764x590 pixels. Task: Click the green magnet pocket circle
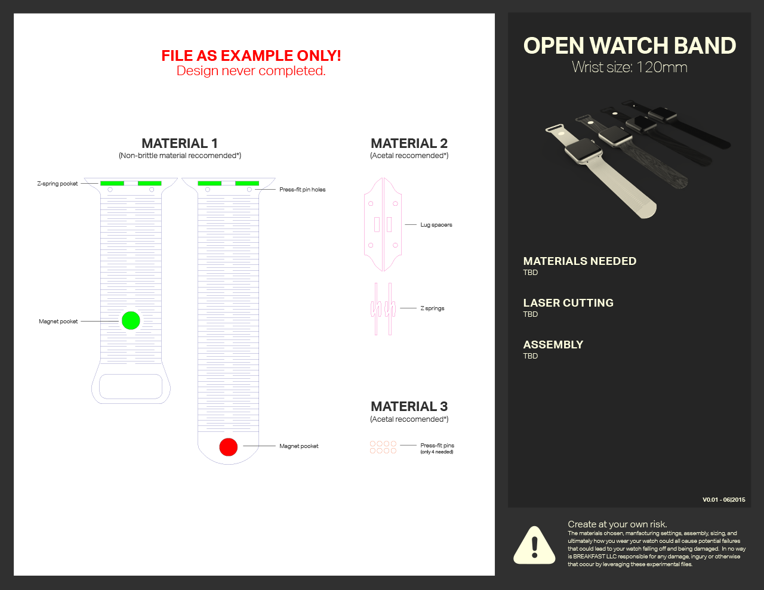pyautogui.click(x=131, y=320)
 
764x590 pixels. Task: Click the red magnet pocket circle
pyautogui.click(x=229, y=447)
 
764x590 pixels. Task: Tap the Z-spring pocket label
pyautogui.click(x=57, y=184)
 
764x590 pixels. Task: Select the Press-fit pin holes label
pyautogui.click(x=303, y=190)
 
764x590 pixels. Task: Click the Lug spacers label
pyautogui.click(x=436, y=225)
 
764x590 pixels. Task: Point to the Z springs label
pyautogui.click(x=432, y=308)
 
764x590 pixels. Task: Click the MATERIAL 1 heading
pyautogui.click(x=180, y=143)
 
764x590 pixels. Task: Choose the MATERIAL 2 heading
pyautogui.click(x=409, y=143)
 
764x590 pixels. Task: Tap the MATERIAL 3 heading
pyautogui.click(x=409, y=406)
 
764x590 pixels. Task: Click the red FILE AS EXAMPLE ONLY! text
pyautogui.click(x=251, y=55)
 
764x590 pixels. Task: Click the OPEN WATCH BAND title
pyautogui.click(x=630, y=46)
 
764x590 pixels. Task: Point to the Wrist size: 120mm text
pyautogui.click(x=630, y=67)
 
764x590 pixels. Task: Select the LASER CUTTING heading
pyautogui.click(x=568, y=302)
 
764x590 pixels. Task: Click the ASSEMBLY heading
pyautogui.click(x=553, y=344)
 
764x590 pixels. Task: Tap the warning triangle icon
pyautogui.click(x=534, y=545)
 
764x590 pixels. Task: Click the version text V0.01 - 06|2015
pyautogui.click(x=723, y=500)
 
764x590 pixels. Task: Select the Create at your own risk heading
pyautogui.click(x=617, y=524)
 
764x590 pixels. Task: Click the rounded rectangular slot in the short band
pyautogui.click(x=131, y=387)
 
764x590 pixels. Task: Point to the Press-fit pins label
pyautogui.click(x=437, y=446)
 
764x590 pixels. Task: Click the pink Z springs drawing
pyautogui.click(x=383, y=308)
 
